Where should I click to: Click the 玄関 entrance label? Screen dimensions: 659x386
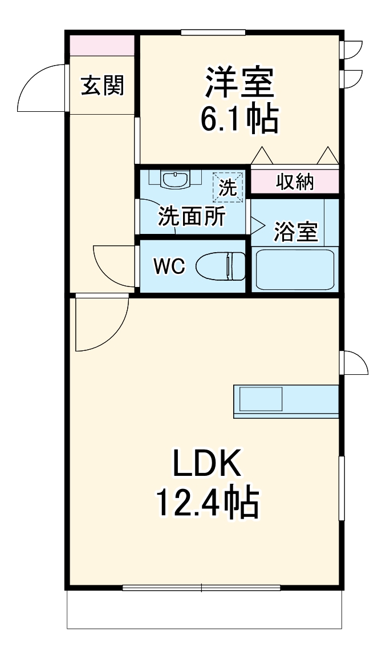tap(102, 86)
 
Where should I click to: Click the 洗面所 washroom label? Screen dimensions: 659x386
tap(192, 216)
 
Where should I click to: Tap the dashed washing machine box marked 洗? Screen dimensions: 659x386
tap(228, 187)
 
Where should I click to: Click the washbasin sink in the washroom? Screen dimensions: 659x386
tap(176, 180)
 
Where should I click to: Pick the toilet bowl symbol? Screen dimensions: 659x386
tap(221, 266)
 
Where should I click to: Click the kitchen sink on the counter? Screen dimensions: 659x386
tap(261, 398)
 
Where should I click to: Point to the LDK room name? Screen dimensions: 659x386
tap(208, 466)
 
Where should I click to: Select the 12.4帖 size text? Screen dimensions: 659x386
tap(208, 502)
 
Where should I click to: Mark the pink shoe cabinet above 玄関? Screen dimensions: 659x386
tap(102, 45)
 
